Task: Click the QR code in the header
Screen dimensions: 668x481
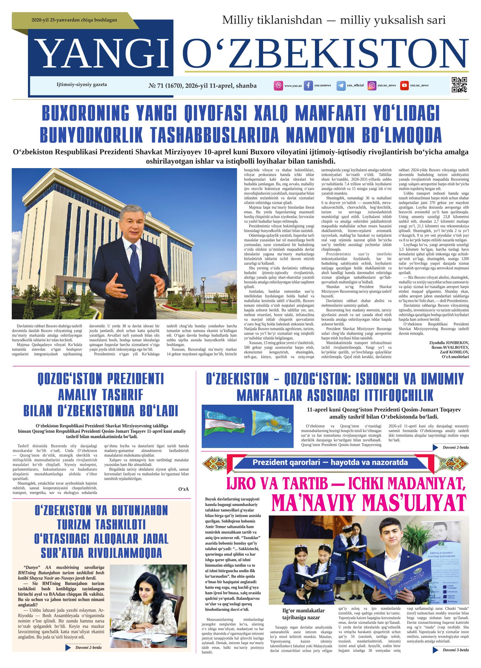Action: tap(459, 85)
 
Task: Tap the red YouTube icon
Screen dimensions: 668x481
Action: tap(404, 85)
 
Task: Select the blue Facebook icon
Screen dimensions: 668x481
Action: tap(308, 85)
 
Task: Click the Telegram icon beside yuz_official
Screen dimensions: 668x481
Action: tap(341, 86)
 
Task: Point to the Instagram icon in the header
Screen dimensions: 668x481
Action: tap(372, 85)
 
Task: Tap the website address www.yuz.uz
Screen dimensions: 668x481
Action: tap(293, 86)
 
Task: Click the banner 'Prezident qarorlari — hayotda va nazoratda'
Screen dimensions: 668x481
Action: tap(330, 462)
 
